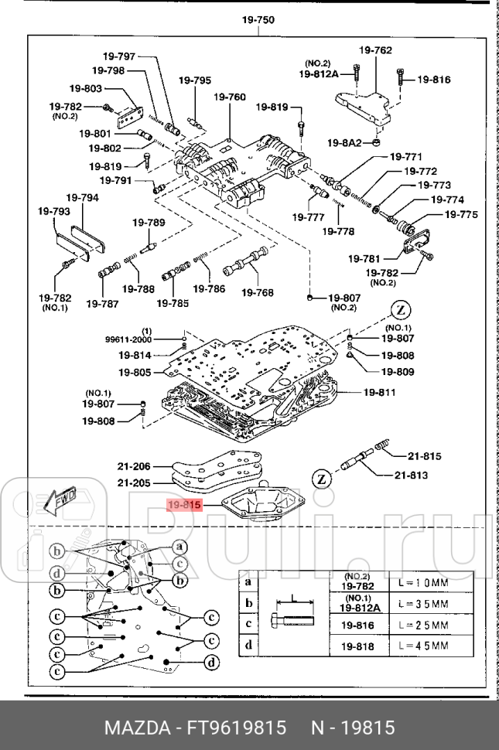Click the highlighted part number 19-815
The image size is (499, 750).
click(x=184, y=505)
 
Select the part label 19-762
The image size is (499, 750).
click(x=374, y=51)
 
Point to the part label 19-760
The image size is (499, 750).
click(x=230, y=97)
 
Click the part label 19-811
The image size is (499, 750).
click(x=380, y=392)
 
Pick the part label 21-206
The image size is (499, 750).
click(x=135, y=466)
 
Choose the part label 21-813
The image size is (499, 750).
click(x=411, y=475)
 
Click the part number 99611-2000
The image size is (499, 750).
click(x=128, y=339)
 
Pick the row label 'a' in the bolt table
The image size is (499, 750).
click(x=248, y=582)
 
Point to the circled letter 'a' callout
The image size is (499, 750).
click(x=178, y=546)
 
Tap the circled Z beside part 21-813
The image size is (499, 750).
click(x=321, y=480)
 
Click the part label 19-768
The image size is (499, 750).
click(x=258, y=292)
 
